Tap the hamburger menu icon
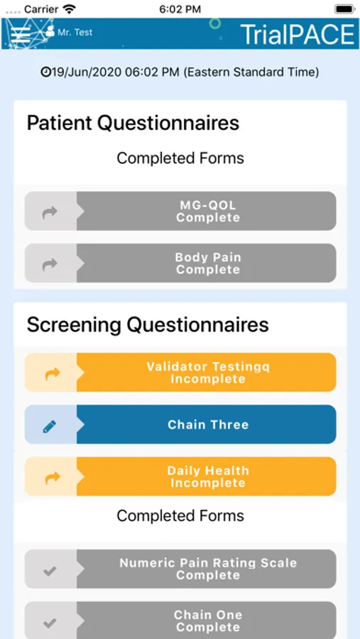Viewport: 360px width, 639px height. tap(21, 35)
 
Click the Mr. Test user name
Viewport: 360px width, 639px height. tap(75, 32)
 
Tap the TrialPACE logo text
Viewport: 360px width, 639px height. tap(298, 34)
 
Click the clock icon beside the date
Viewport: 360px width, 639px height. tap(45, 72)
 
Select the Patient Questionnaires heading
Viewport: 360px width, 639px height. tap(133, 123)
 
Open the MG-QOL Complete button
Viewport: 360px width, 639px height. tap(180, 211)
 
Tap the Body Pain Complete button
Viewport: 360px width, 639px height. tap(180, 263)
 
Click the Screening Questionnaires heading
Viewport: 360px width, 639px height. tap(148, 324)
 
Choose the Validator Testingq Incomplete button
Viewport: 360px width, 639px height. tap(180, 373)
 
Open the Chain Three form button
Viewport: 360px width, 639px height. tap(180, 425)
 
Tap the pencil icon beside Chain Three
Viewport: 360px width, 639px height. tap(50, 427)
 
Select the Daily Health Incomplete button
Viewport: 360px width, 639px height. tap(180, 476)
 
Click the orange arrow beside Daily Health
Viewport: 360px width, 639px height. tap(52, 478)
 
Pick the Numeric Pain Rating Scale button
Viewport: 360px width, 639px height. tap(180, 569)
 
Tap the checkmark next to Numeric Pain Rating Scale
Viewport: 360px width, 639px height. tap(50, 571)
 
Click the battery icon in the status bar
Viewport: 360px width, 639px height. tap(344, 9)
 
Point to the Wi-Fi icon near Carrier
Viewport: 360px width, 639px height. tap(70, 9)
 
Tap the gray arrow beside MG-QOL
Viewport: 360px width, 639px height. tap(50, 212)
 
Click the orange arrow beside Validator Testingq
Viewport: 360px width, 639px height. tap(52, 373)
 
